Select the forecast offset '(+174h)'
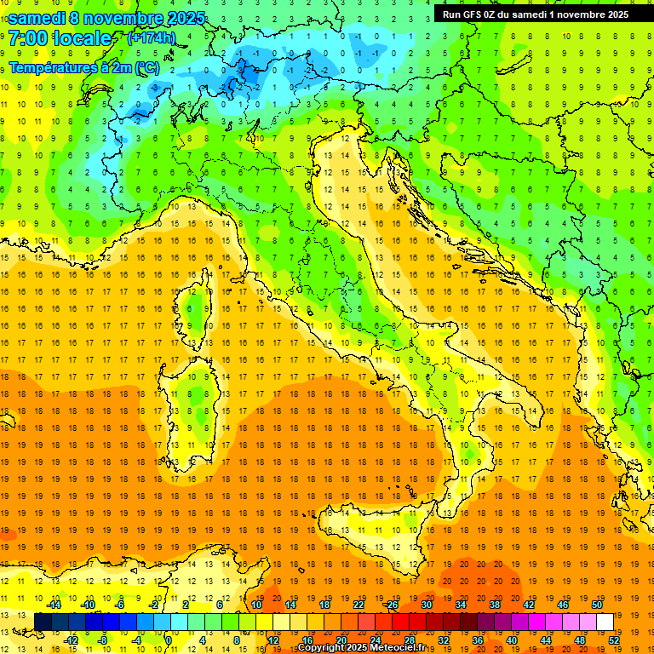click(152, 38)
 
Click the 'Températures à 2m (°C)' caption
click(83, 67)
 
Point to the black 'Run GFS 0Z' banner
click(535, 14)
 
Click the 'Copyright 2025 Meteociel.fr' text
click(366, 648)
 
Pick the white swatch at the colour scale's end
click(605, 622)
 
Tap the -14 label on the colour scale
click(54, 605)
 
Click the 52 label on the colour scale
click(615, 640)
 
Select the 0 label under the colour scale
click(168, 640)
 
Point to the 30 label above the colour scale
click(427, 605)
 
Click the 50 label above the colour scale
click(597, 605)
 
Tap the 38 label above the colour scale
click(495, 605)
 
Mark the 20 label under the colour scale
click(341, 640)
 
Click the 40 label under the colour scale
click(512, 640)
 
